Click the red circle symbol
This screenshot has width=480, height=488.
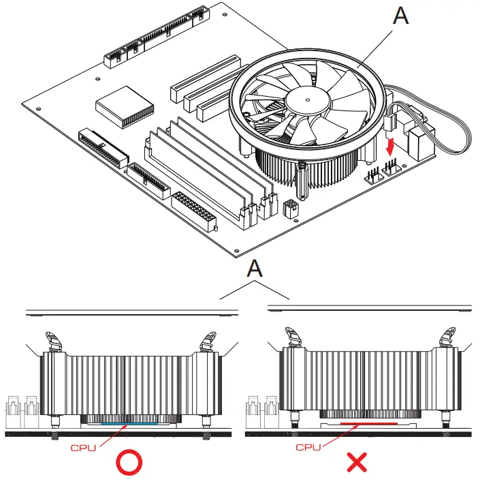(x=129, y=463)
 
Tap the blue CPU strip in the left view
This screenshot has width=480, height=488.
(x=129, y=423)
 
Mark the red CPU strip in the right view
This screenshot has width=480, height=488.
(x=368, y=423)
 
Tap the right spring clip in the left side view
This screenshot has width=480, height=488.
(x=206, y=339)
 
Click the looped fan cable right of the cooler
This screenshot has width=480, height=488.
(x=449, y=133)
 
